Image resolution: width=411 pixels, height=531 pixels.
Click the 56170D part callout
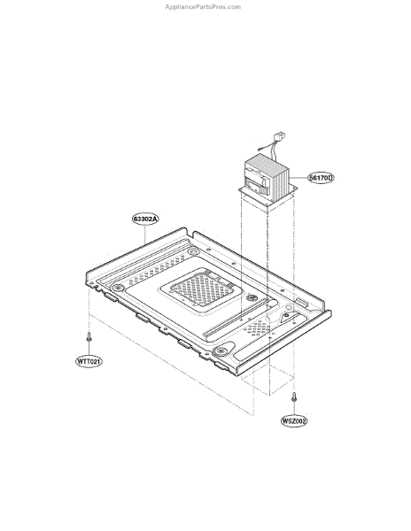point(321,178)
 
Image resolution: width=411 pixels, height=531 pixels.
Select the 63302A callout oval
point(145,219)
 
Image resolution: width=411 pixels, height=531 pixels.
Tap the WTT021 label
point(89,361)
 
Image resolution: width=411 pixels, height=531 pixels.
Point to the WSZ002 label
point(294,421)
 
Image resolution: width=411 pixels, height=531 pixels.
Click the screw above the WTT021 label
point(89,337)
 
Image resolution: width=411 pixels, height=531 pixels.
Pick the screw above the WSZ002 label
point(294,396)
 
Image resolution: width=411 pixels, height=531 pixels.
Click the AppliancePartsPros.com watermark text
point(203,7)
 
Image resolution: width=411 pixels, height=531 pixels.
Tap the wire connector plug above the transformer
point(281,138)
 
